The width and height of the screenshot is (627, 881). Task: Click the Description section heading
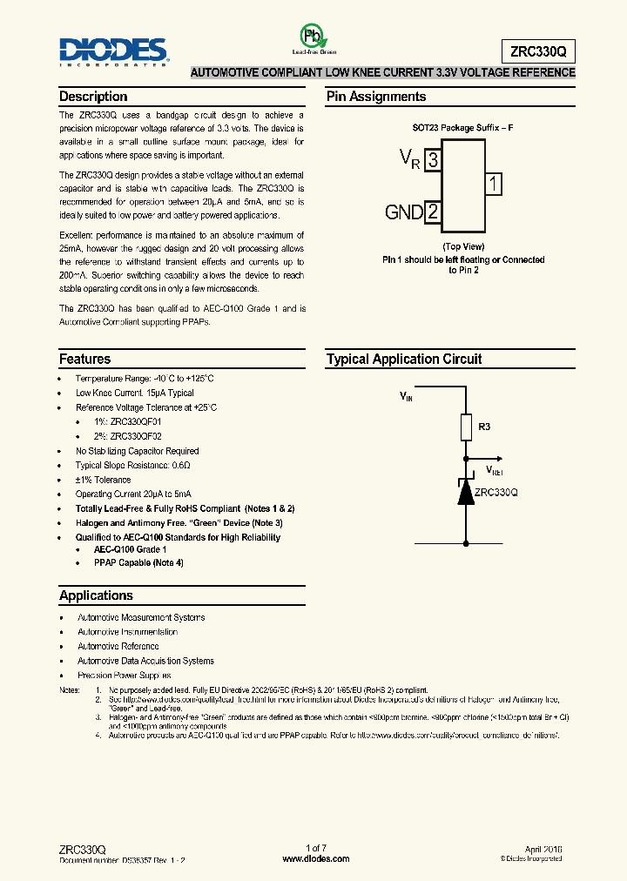(93, 97)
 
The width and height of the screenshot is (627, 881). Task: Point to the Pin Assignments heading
(376, 97)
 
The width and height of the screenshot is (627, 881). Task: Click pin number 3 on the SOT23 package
(434, 158)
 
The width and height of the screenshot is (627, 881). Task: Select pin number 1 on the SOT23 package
(493, 184)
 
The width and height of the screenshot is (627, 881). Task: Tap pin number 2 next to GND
(433, 212)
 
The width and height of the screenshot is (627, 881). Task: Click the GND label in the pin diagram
(404, 212)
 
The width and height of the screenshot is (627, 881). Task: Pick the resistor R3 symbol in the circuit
(465, 427)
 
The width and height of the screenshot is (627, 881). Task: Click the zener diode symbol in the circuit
(465, 492)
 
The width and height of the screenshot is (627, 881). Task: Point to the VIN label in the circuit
(407, 396)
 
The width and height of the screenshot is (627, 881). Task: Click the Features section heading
(84, 359)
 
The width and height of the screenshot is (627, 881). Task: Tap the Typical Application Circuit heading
(404, 359)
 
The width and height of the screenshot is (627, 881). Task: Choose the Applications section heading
(96, 595)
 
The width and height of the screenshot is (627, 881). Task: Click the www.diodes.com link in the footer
(316, 858)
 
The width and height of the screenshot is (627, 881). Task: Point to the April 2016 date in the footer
(543, 848)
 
